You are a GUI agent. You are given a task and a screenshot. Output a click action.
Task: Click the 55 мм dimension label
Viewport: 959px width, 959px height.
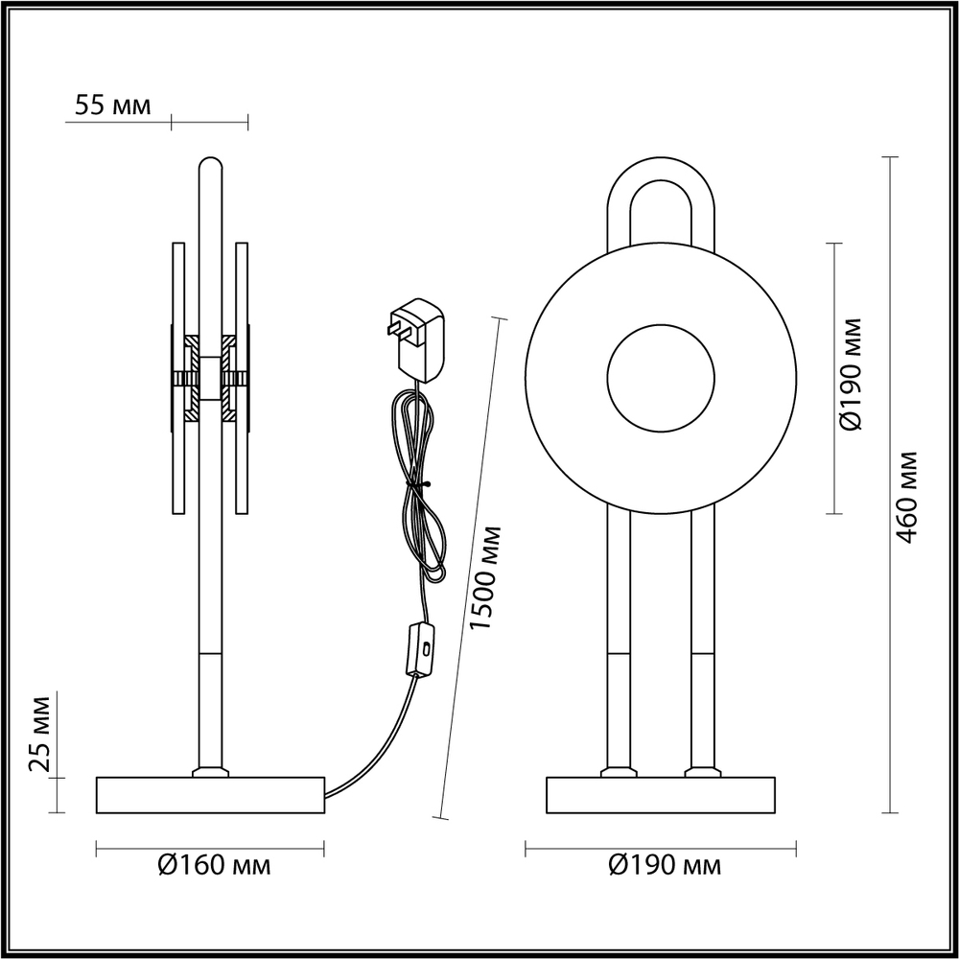point(113,106)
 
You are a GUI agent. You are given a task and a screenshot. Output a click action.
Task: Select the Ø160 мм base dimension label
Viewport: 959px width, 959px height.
point(214,866)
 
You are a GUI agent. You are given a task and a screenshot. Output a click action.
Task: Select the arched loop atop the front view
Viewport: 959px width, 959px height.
point(661,192)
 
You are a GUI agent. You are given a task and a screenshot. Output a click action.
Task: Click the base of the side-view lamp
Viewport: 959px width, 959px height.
point(210,795)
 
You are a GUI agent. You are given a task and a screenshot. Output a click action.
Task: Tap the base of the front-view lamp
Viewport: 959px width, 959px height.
point(661,795)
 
